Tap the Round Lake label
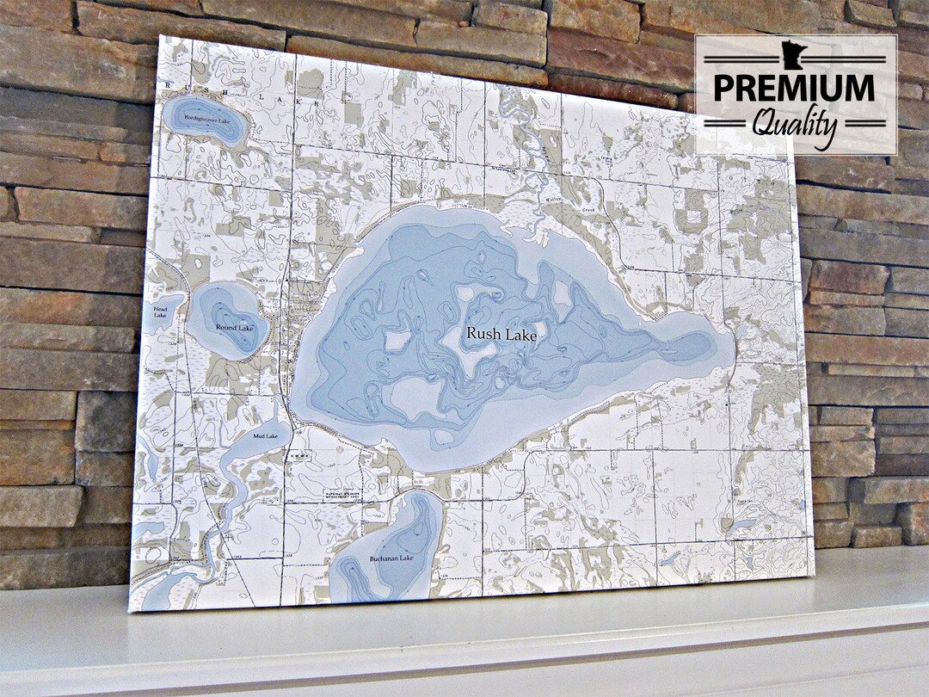click(234, 328)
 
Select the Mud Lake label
click(265, 437)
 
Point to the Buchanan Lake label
click(391, 558)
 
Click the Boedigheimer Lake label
click(206, 121)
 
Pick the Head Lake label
click(161, 311)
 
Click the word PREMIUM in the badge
click(794, 89)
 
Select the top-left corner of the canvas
click(162, 36)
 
